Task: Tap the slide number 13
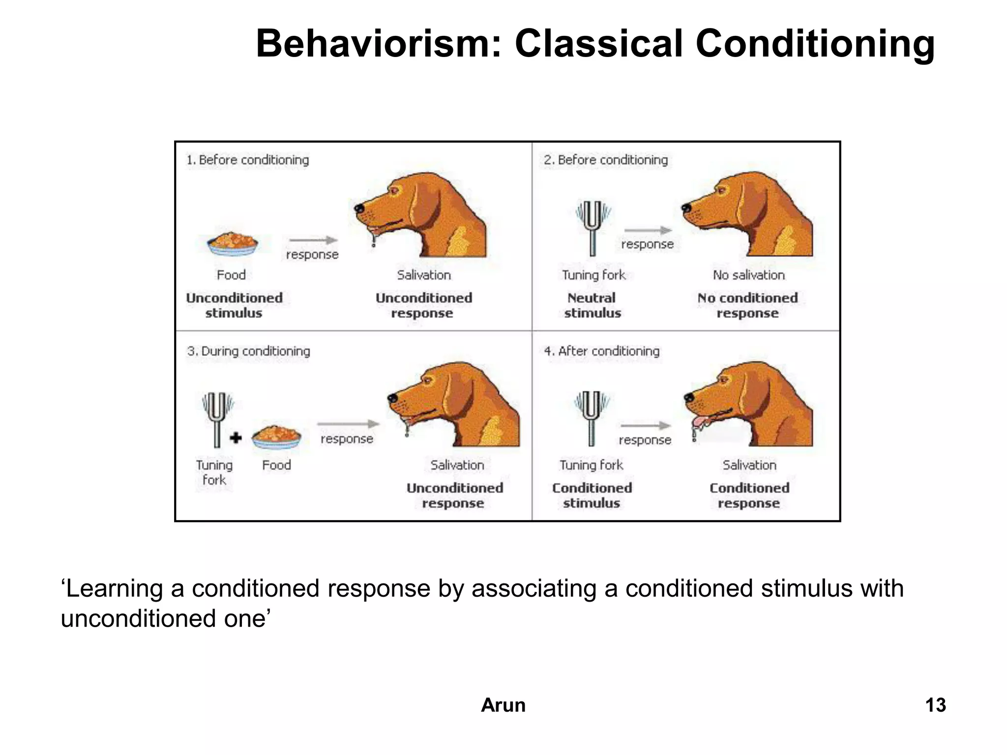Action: [x=935, y=705]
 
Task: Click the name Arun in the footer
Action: [x=503, y=705]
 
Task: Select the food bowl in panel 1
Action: [x=232, y=244]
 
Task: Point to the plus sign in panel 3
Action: [x=236, y=437]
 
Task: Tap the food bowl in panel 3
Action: [x=276, y=436]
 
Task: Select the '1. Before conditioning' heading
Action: [x=247, y=160]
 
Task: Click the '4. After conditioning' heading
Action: [x=601, y=351]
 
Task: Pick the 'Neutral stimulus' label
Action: [x=592, y=305]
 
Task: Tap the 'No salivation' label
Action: [x=748, y=275]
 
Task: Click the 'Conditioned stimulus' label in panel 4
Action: [x=592, y=495]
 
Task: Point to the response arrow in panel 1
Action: [x=313, y=240]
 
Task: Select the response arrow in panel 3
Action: [x=348, y=424]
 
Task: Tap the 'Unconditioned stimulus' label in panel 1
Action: [x=234, y=305]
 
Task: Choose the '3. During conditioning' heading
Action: [x=248, y=351]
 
